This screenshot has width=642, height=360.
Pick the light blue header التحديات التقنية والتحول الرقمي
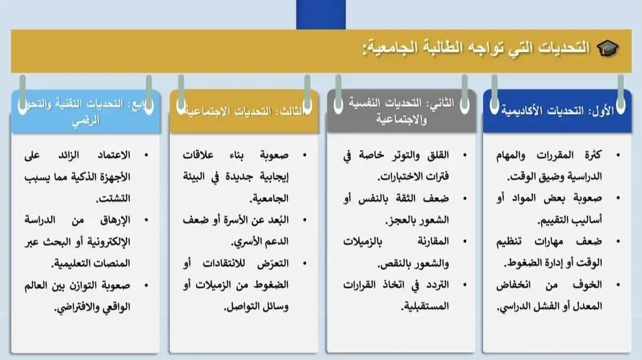coord(85,111)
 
